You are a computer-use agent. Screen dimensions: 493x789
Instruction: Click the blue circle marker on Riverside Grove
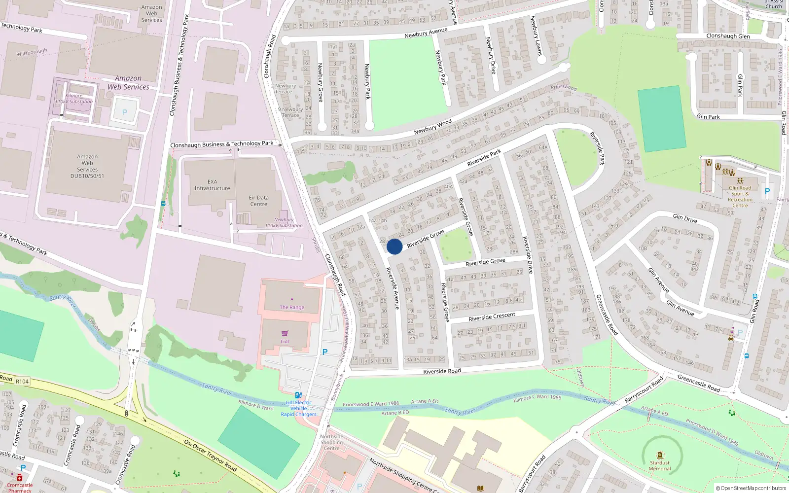coord(394,246)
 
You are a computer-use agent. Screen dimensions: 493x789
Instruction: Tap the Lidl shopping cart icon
coord(285,334)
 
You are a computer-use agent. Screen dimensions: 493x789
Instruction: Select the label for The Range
coord(292,307)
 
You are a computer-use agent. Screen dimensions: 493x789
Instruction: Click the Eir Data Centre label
coord(258,201)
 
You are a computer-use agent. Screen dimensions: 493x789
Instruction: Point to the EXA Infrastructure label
coord(212,185)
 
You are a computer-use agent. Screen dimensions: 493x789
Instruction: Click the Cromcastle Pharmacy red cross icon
coord(20,477)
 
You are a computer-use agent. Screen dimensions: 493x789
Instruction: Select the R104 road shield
coord(22,381)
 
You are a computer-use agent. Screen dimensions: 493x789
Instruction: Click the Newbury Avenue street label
coord(426,33)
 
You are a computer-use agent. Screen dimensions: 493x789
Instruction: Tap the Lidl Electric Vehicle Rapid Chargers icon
coord(298,395)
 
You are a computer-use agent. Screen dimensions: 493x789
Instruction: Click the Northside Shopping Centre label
coord(331,442)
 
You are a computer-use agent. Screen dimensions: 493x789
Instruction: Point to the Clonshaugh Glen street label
coord(728,36)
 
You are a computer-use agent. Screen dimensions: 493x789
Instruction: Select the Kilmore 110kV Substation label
coord(74,99)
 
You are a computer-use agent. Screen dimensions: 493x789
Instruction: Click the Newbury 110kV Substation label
coord(284,223)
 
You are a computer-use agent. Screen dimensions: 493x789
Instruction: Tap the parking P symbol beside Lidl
coord(324,352)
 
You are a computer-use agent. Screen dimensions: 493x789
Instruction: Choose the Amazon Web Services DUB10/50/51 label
coord(87,166)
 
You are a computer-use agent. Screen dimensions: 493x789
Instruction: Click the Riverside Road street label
coord(442,371)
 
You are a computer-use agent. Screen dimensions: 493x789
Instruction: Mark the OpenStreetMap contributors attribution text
coord(751,488)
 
